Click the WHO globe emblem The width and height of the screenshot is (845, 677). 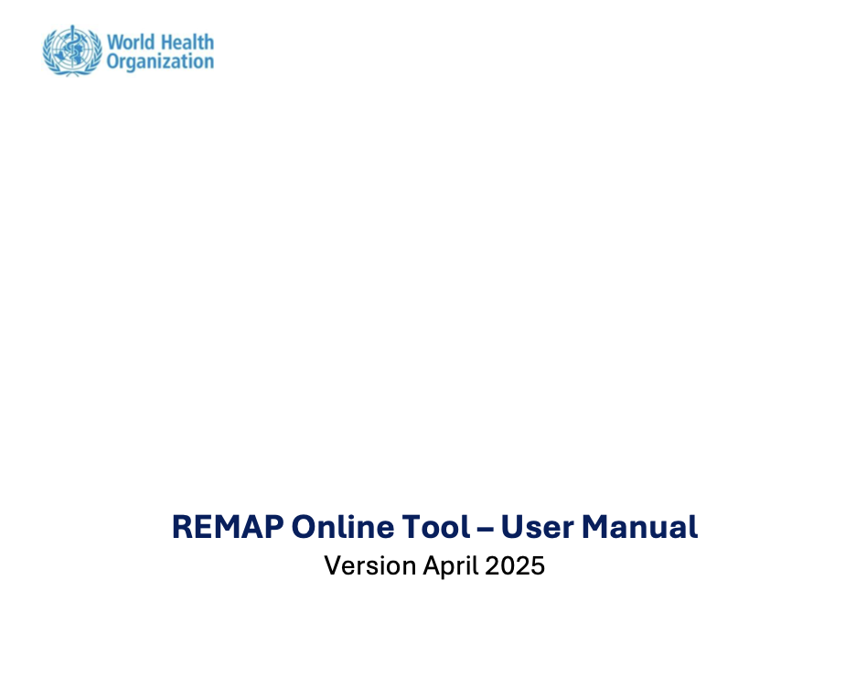click(72, 50)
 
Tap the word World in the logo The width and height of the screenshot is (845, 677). click(131, 42)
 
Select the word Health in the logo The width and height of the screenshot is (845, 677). click(187, 42)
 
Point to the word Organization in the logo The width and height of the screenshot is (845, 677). click(160, 62)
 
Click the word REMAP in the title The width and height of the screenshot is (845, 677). click(228, 527)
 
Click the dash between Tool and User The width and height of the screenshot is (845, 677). click(485, 529)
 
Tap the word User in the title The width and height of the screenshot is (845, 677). click(538, 527)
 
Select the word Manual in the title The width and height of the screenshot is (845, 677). click(639, 527)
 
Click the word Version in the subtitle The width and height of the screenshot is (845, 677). click(370, 566)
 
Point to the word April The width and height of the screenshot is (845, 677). click(451, 566)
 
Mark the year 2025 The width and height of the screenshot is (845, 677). click(515, 566)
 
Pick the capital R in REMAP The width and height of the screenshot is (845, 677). click(182, 527)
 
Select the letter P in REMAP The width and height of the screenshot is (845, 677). click(273, 527)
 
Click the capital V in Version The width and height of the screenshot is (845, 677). click(334, 566)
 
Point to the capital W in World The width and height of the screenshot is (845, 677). click(116, 42)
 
